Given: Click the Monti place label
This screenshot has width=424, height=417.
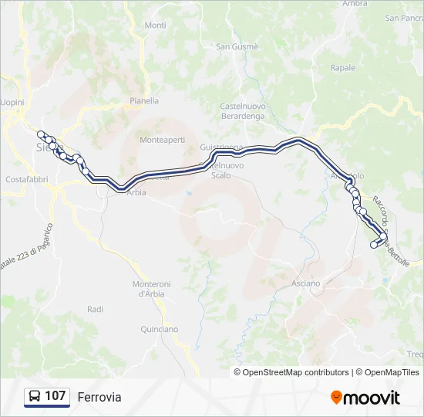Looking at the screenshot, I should pyautogui.click(x=155, y=25).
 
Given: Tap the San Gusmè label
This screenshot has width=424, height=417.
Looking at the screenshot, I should pyautogui.click(x=237, y=46).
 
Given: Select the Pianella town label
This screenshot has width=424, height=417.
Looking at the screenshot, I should pyautogui.click(x=144, y=100).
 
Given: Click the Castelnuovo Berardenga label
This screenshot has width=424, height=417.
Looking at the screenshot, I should pyautogui.click(x=242, y=110).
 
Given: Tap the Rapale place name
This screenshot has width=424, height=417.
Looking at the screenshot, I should pyautogui.click(x=343, y=68).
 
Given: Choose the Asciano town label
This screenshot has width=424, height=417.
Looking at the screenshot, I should pyautogui.click(x=305, y=283).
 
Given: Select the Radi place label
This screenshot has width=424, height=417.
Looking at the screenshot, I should pyautogui.click(x=96, y=309).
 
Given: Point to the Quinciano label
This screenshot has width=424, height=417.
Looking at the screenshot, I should pyautogui.click(x=160, y=329).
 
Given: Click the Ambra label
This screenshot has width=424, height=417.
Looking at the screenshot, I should pyautogui.click(x=355, y=4).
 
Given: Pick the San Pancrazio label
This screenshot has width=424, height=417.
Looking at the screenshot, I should pyautogui.click(x=404, y=18).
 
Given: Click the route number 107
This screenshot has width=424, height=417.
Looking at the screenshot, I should pyautogui.click(x=56, y=396).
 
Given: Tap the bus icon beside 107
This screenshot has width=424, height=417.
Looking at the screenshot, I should pyautogui.click(x=35, y=396).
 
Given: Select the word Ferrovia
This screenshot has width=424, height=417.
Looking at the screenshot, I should pyautogui.click(x=99, y=397).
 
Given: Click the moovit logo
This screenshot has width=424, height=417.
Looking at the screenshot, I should pyautogui.click(x=365, y=398).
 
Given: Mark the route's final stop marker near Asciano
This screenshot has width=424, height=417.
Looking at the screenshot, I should pyautogui.click(x=374, y=246).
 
